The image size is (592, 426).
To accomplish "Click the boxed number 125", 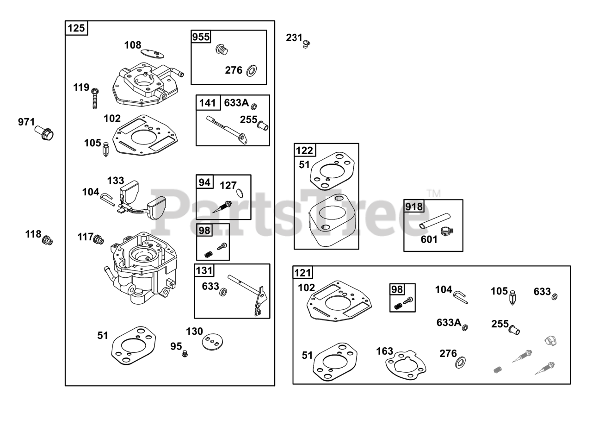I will click(x=76, y=28).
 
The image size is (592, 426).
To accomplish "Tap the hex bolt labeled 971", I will click(x=45, y=133).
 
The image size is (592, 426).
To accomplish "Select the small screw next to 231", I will click(x=306, y=44).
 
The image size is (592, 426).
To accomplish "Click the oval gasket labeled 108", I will click(x=152, y=54).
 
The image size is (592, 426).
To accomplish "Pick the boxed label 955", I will click(x=201, y=37).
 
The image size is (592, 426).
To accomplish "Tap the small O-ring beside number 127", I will click(x=240, y=193).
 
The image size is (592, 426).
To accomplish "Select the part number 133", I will click(x=116, y=180).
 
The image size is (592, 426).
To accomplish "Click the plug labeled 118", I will click(x=47, y=241).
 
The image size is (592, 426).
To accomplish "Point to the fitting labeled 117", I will click(x=98, y=239).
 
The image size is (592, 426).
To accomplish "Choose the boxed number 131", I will click(x=204, y=271).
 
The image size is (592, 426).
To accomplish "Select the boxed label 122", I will click(x=304, y=150).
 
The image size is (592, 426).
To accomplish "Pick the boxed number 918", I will click(x=414, y=207).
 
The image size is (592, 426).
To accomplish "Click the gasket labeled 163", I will click(x=405, y=364).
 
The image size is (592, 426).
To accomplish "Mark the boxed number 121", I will click(x=303, y=273).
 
